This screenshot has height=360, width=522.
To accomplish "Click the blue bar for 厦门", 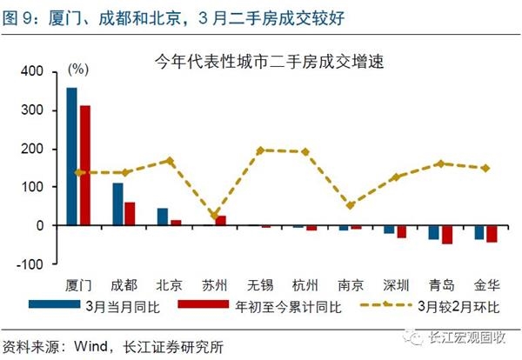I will (71, 157).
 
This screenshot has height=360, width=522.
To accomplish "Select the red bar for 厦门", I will (84, 165).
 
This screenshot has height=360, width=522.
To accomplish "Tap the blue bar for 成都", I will (117, 204).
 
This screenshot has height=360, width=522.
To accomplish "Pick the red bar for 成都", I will (130, 214).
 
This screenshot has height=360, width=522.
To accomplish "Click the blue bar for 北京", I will (163, 217).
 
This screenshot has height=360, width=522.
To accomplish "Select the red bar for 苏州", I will (220, 221).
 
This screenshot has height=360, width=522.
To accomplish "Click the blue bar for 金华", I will (478, 232).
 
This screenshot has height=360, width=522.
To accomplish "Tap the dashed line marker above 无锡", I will (260, 150).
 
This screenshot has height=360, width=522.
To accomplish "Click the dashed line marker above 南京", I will (351, 205).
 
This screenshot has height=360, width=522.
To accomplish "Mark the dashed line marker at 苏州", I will (214, 215).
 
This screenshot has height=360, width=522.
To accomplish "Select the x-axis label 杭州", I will (305, 284).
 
